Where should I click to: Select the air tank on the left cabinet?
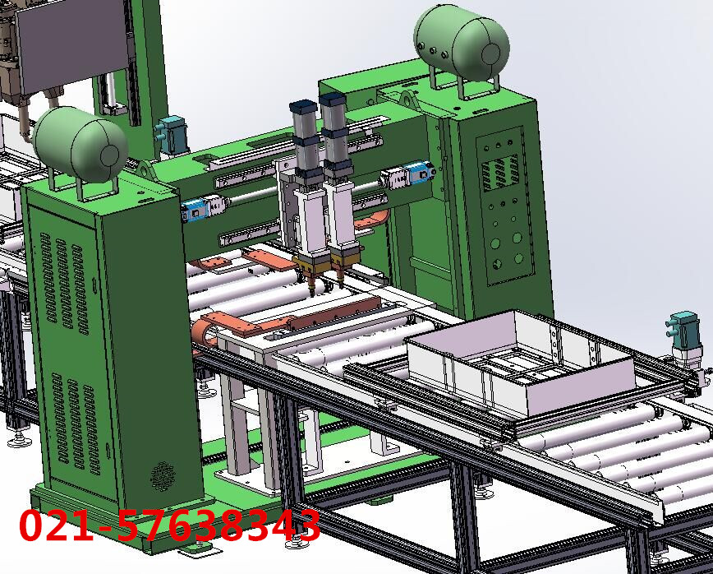tap(80, 144)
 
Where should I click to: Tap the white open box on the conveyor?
tap(519, 359)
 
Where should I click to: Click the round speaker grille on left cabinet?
tap(163, 476)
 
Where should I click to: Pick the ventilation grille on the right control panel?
tap(500, 172)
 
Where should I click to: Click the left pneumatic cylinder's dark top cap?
tap(303, 108)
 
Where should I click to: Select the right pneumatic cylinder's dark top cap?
tap(333, 100)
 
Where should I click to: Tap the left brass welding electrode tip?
tap(312, 288)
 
